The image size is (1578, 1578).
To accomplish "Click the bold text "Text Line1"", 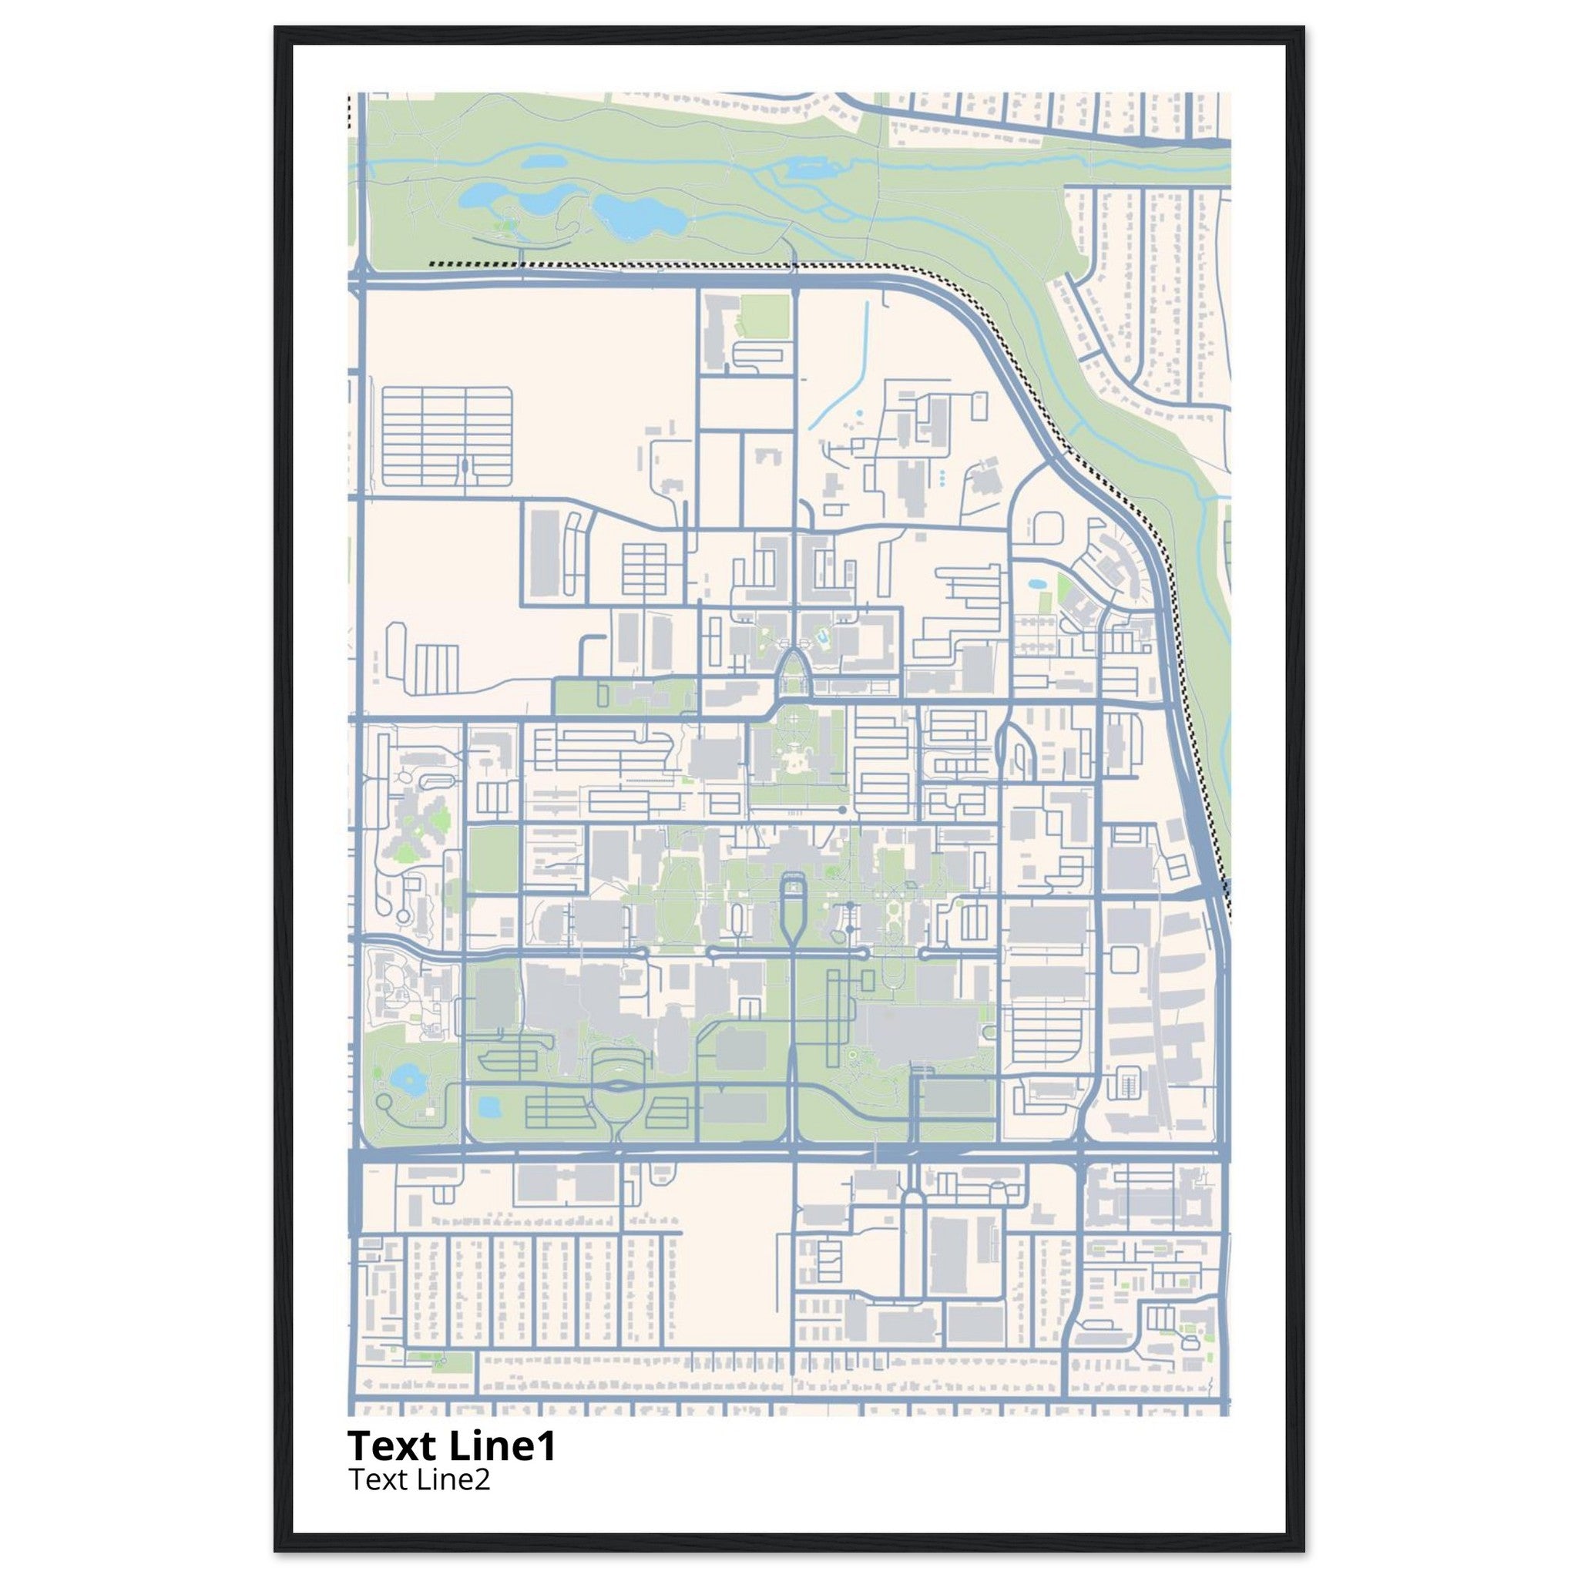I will [x=452, y=1445].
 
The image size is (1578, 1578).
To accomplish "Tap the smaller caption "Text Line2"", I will [x=420, y=1479].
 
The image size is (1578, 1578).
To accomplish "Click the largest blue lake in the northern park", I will [x=638, y=214].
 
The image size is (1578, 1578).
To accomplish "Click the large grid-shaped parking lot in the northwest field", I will [x=447, y=437].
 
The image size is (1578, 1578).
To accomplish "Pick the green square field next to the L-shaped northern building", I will [x=764, y=316].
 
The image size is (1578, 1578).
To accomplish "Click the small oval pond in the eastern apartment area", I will [x=1036, y=585].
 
